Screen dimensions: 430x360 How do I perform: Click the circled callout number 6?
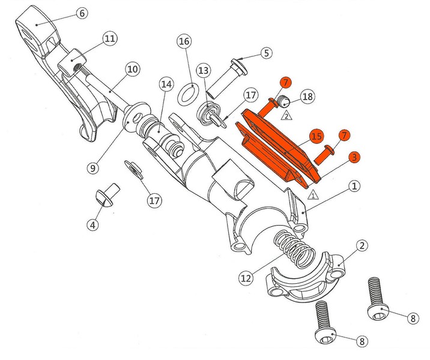[x=82, y=13]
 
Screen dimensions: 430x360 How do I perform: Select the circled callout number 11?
[x=110, y=38]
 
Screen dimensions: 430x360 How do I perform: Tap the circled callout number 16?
[x=184, y=41]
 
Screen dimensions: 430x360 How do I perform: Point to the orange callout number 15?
[x=316, y=136]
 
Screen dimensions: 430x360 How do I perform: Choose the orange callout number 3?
[x=354, y=157]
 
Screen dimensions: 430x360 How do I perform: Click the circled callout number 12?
[x=246, y=278]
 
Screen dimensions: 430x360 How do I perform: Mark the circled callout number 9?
[x=93, y=167]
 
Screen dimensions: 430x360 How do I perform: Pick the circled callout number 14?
[x=166, y=85]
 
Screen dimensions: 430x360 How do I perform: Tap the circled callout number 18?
[x=307, y=97]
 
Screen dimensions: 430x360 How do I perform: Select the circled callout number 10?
[x=133, y=69]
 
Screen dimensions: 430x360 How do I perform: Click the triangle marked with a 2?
[x=286, y=116]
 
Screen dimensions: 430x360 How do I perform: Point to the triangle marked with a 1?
[x=313, y=195]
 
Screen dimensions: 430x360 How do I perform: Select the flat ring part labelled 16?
[x=187, y=94]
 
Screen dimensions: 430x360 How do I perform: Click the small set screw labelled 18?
[x=283, y=101]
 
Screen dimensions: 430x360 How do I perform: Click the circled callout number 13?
[x=204, y=71]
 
